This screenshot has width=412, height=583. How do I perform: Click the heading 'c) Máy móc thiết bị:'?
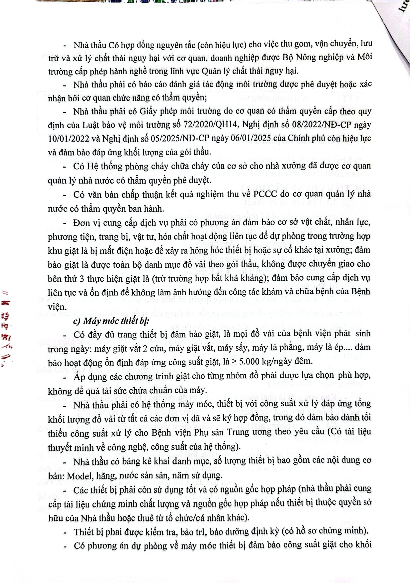[x=111, y=321]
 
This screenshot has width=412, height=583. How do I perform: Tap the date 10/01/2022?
[x=69, y=139]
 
